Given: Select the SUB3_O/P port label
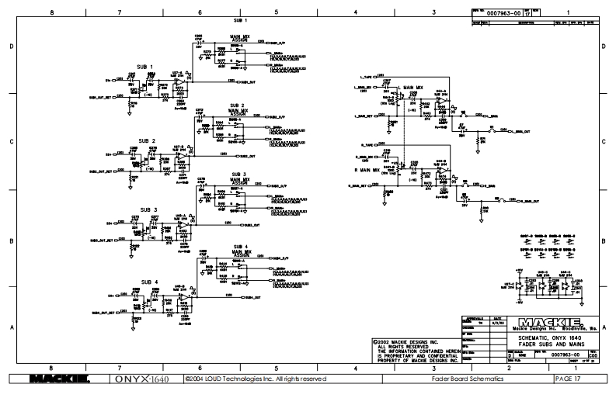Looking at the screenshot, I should (x=276, y=182).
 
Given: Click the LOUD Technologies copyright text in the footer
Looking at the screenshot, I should (x=249, y=379).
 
